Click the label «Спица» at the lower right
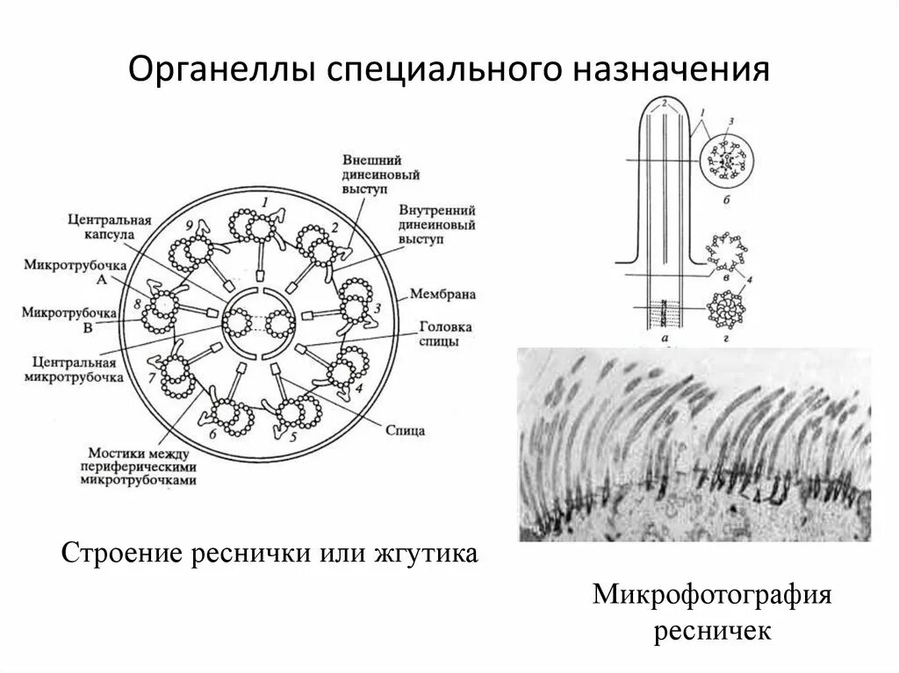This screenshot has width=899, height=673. [406, 431]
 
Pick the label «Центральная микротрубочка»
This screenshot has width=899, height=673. [74, 368]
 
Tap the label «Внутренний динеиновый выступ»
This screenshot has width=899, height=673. [437, 226]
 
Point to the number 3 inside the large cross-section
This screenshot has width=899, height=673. [377, 308]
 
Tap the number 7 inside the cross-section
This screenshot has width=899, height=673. [153, 376]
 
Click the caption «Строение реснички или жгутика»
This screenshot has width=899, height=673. [270, 555]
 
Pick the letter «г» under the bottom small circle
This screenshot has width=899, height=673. [725, 338]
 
